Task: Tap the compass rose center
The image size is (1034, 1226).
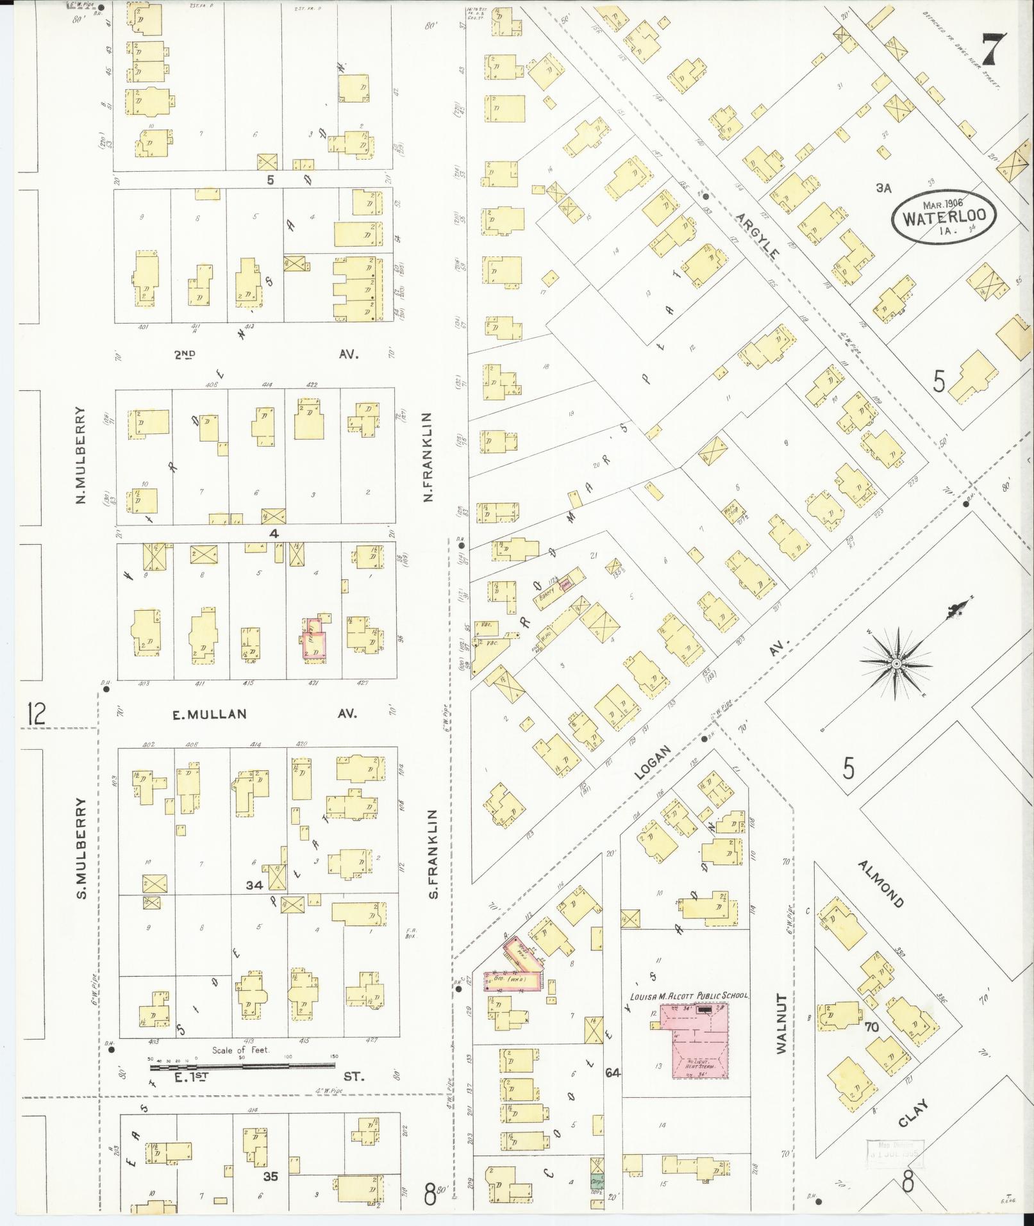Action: click(x=895, y=665)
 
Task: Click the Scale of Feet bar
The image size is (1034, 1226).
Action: click(x=242, y=1066)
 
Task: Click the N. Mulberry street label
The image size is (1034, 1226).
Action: click(x=81, y=455)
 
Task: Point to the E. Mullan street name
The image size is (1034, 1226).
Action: click(x=209, y=714)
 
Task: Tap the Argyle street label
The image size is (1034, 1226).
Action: click(x=758, y=236)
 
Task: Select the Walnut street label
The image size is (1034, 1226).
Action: click(x=781, y=1033)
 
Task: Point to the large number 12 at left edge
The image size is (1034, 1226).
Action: click(x=36, y=713)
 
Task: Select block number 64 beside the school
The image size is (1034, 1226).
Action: click(x=613, y=1072)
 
